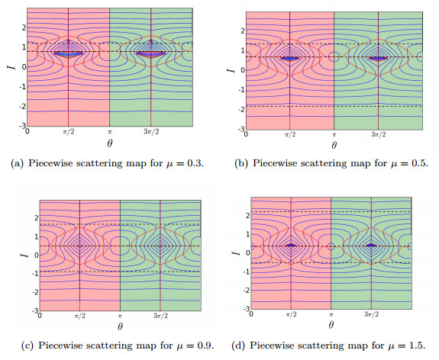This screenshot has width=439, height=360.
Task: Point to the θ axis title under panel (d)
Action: pyautogui.click(x=331, y=323)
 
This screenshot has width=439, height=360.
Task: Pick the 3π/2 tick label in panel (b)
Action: pyautogui.click(x=378, y=133)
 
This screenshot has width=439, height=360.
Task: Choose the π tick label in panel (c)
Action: pyautogui.click(x=120, y=314)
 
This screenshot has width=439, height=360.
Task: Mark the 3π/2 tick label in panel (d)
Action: pyautogui.click(x=371, y=313)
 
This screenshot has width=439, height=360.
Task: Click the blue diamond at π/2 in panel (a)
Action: pyautogui.click(x=69, y=53)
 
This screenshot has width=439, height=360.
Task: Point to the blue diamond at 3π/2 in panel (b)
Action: pyautogui.click(x=378, y=57)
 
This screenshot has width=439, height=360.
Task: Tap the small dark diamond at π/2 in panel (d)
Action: pyautogui.click(x=291, y=245)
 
